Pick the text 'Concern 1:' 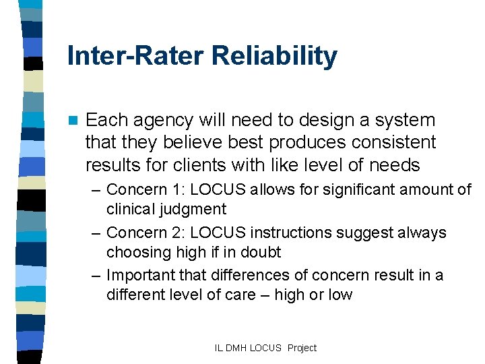(x=144, y=189)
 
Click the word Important (x=139, y=276)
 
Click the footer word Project (x=302, y=348)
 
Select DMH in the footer (x=236, y=348)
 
